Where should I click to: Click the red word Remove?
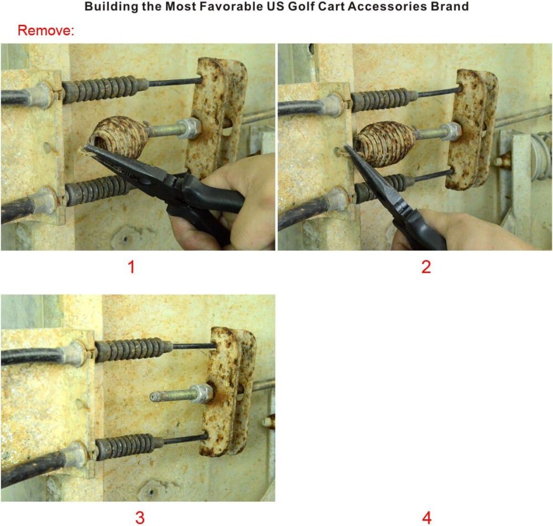[x=46, y=30]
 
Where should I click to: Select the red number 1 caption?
[x=132, y=267]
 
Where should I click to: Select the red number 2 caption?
[x=426, y=267]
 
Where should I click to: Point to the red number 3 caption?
[x=140, y=518]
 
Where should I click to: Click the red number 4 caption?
[x=427, y=518]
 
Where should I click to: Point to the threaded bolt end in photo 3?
[x=171, y=396]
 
